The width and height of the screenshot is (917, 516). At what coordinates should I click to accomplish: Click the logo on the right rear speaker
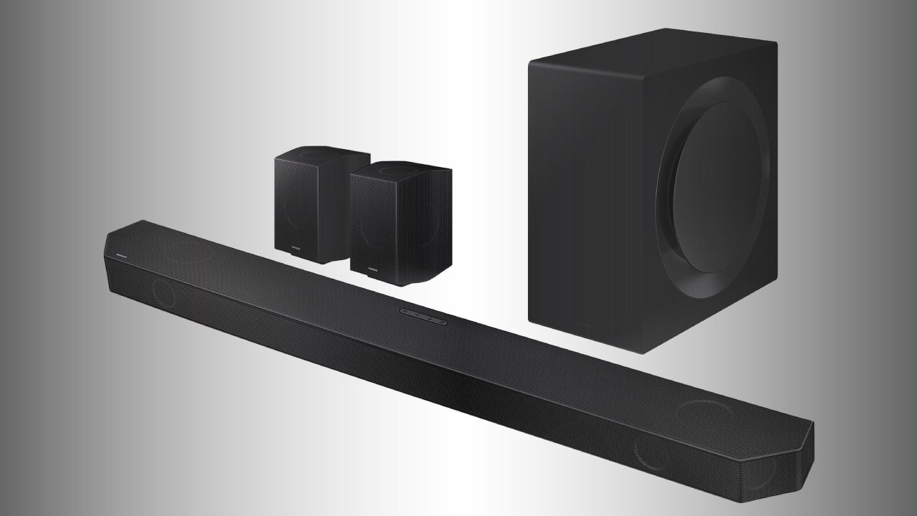[373, 269]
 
